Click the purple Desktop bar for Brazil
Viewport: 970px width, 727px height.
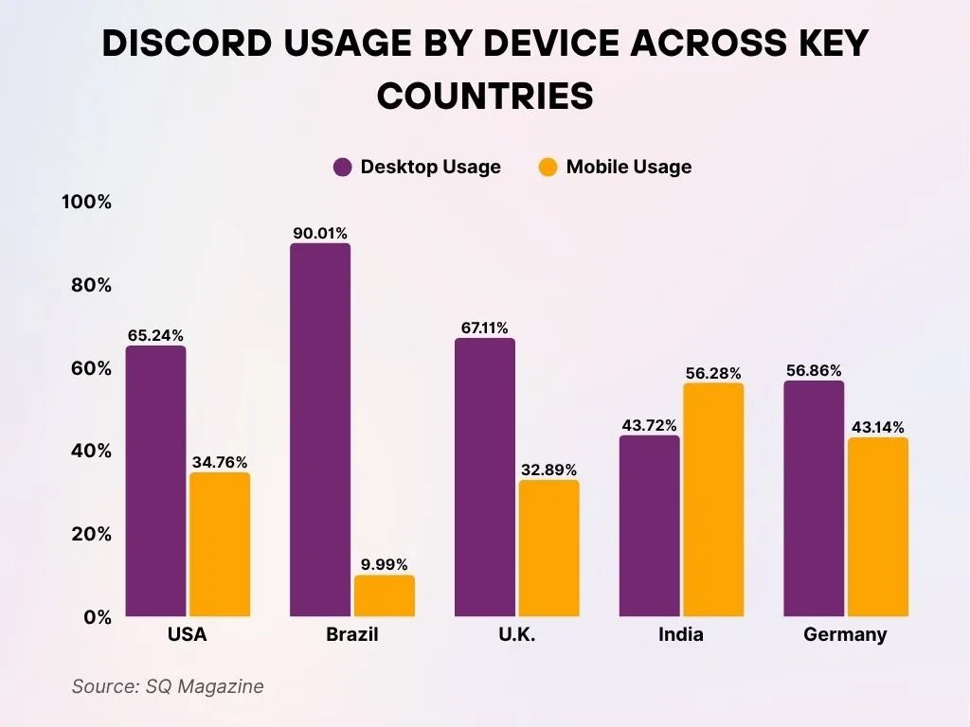pos(320,431)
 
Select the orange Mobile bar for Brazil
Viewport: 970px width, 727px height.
pos(384,596)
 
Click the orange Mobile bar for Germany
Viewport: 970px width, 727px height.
pos(878,527)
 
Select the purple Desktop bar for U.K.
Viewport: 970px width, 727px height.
pos(485,478)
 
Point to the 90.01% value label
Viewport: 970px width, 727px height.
pos(320,233)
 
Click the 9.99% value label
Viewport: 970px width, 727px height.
pos(384,564)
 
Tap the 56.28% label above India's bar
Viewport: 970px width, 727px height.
pos(713,373)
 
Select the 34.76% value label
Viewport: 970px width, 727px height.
pos(219,462)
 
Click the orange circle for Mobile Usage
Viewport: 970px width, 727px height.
pos(548,168)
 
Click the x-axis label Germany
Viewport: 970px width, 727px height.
pos(845,635)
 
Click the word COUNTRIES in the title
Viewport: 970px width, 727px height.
pos(485,97)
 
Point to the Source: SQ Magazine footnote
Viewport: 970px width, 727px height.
pos(168,686)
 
